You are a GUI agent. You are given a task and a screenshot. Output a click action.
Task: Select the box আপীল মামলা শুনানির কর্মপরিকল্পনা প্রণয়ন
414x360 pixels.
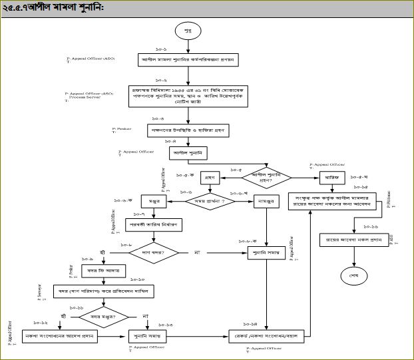[188, 60]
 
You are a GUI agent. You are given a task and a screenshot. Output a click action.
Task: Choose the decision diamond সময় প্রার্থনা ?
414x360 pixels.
[209, 200]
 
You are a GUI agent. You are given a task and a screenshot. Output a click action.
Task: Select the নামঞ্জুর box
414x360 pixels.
[266, 200]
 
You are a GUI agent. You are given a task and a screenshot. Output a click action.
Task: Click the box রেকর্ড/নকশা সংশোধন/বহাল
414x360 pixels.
[264, 337]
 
